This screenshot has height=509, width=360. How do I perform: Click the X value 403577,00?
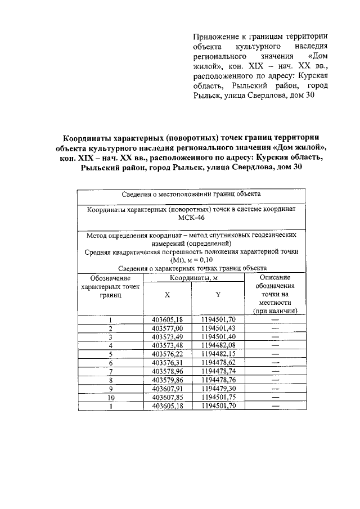[168, 328]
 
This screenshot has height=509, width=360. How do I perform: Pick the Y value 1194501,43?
[218, 328]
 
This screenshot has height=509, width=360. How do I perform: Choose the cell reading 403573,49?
[168, 336]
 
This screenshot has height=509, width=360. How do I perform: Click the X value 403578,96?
[168, 371]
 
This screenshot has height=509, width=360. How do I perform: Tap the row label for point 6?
[111, 363]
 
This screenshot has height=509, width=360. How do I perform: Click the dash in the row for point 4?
[275, 345]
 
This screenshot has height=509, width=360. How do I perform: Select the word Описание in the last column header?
[275, 277]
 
